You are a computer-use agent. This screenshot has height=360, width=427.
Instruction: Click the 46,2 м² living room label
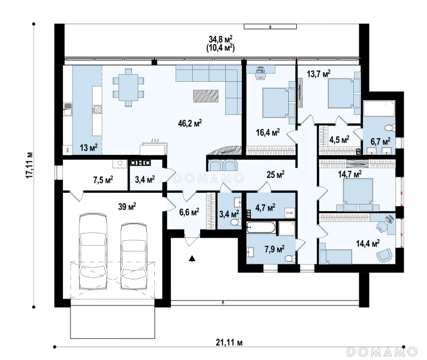point(190,123)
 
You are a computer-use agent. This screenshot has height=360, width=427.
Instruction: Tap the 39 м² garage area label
point(127,207)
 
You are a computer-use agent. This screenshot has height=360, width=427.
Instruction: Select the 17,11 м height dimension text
point(29,166)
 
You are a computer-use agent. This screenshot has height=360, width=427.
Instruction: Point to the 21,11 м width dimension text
point(229,342)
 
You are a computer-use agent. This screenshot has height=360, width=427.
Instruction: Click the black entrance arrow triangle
point(193,258)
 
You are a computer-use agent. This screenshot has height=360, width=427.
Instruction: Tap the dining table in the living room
point(128,87)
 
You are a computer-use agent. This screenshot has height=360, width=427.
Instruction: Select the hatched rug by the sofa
point(206,96)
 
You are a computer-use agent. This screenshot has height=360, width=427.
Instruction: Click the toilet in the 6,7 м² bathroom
point(391,127)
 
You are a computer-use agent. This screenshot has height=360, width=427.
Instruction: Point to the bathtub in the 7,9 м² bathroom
point(261,228)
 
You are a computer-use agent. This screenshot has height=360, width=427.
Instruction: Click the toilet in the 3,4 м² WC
point(235,222)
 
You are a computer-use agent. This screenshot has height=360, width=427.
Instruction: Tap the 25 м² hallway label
point(275,175)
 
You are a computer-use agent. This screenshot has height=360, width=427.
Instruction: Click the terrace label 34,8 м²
point(220,39)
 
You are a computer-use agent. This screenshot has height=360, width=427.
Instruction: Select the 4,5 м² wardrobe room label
point(339,140)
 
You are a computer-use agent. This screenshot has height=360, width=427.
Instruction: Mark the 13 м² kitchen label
point(89,148)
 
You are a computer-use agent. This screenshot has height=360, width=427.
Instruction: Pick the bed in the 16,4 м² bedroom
point(275,103)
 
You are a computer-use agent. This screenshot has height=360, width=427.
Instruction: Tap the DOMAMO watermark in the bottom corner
point(382,351)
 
